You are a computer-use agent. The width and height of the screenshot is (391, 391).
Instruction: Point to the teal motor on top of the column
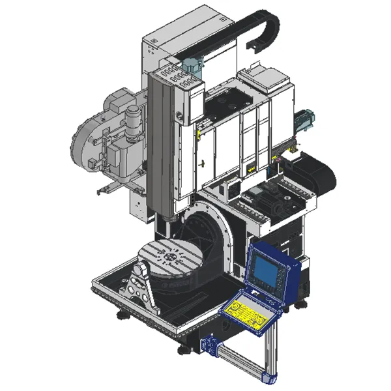[x=192, y=65]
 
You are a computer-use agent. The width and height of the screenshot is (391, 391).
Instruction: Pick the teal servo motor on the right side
[x=304, y=122]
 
